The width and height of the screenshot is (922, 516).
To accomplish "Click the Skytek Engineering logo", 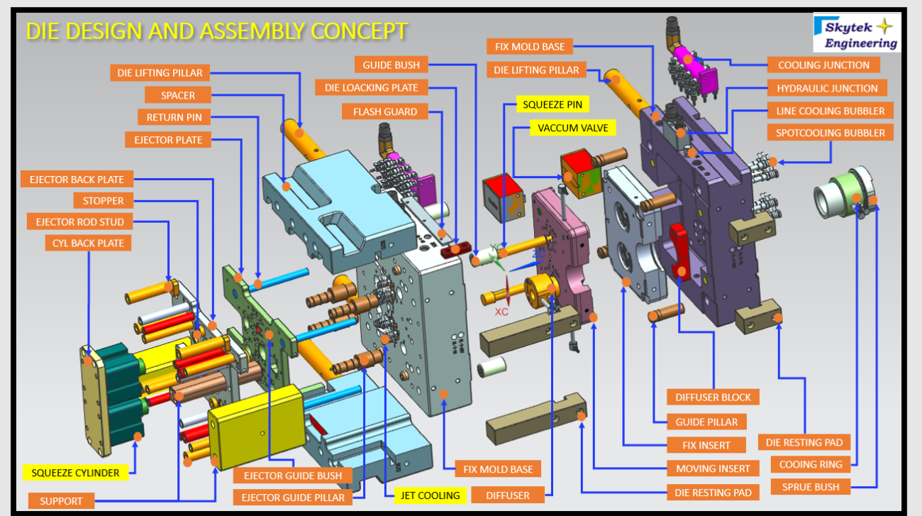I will click(856, 33).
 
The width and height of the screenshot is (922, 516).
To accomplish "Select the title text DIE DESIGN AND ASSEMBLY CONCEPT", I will click(216, 31).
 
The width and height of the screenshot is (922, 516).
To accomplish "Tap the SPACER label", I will click(179, 95).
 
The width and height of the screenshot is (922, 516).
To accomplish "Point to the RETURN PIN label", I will click(174, 117).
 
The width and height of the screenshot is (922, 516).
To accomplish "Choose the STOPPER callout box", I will click(104, 201).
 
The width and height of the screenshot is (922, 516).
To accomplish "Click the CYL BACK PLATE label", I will click(88, 243).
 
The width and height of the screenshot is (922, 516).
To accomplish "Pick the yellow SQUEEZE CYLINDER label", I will click(75, 472).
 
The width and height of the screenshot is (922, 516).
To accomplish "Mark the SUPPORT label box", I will click(61, 500).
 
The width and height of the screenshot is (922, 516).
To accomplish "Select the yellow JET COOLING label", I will click(431, 495).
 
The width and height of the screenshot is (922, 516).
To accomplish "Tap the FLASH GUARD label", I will click(385, 111).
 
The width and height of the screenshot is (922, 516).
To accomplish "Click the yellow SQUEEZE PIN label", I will click(552, 104).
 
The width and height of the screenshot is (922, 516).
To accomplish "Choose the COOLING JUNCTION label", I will click(823, 65).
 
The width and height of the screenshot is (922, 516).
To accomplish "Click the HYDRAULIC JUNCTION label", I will click(827, 88).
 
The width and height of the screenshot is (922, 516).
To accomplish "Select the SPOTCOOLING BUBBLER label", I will click(830, 133).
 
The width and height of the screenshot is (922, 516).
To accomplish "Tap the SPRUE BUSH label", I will click(810, 487).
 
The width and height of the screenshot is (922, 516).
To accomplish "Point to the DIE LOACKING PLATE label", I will click(372, 88).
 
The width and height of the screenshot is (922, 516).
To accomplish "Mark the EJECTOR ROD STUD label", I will click(79, 222).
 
